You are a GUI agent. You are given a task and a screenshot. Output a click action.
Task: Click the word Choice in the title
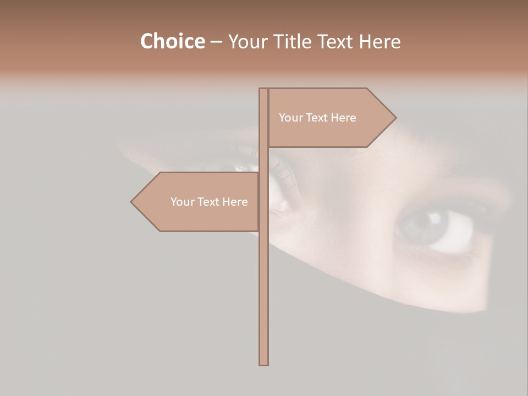[172, 41]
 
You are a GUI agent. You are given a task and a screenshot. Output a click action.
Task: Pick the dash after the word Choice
[216, 42]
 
